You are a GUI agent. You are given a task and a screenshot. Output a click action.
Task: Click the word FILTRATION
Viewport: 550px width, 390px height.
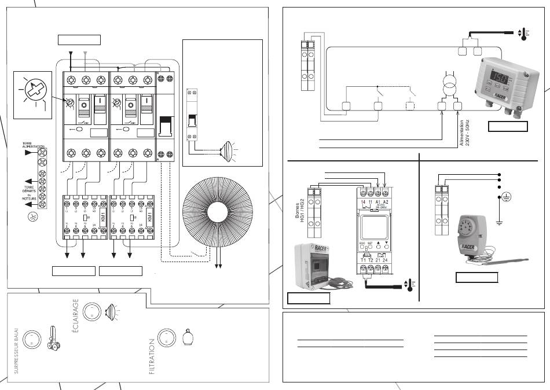click(x=152, y=357)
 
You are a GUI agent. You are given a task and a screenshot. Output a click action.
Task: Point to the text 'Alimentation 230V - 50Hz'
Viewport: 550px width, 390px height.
click(x=465, y=134)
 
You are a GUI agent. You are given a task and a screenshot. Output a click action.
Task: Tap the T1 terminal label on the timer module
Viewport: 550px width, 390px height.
click(x=362, y=259)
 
